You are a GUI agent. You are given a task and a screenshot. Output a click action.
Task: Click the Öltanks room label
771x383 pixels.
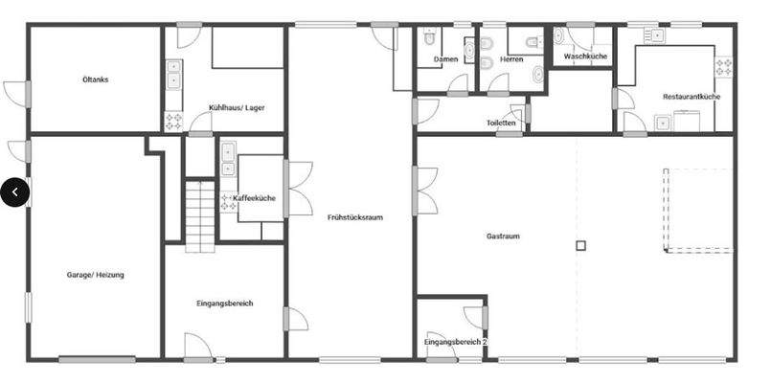95,79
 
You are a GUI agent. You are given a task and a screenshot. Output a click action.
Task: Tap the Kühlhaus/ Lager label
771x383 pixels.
237,107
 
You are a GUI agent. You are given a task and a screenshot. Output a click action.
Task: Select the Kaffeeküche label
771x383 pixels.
256,198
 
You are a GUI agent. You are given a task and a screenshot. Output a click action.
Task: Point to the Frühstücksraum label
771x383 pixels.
354,217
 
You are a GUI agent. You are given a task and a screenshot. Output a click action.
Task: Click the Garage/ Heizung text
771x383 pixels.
95,275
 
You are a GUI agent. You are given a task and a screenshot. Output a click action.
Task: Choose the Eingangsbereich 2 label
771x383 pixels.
456,342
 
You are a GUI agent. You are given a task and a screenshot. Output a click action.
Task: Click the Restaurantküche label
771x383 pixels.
692,97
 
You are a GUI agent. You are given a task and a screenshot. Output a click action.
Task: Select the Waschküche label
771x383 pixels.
586,56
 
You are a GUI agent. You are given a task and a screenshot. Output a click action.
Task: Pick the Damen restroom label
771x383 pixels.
445,59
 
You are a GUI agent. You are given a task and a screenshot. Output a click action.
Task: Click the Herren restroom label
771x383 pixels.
511,59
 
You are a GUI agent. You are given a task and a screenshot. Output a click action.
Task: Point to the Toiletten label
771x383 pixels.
501,124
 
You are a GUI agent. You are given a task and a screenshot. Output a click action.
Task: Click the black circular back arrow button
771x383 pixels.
14,191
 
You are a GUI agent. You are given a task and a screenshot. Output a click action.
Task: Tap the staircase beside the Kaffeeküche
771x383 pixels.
199,215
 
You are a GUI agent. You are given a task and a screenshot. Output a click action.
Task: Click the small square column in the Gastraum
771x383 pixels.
580,246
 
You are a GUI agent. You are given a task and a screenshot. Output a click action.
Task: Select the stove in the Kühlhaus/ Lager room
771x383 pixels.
174,122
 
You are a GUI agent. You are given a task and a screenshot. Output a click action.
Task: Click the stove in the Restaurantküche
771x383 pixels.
724,68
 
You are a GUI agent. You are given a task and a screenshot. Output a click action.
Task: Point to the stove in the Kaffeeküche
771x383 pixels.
228,202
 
